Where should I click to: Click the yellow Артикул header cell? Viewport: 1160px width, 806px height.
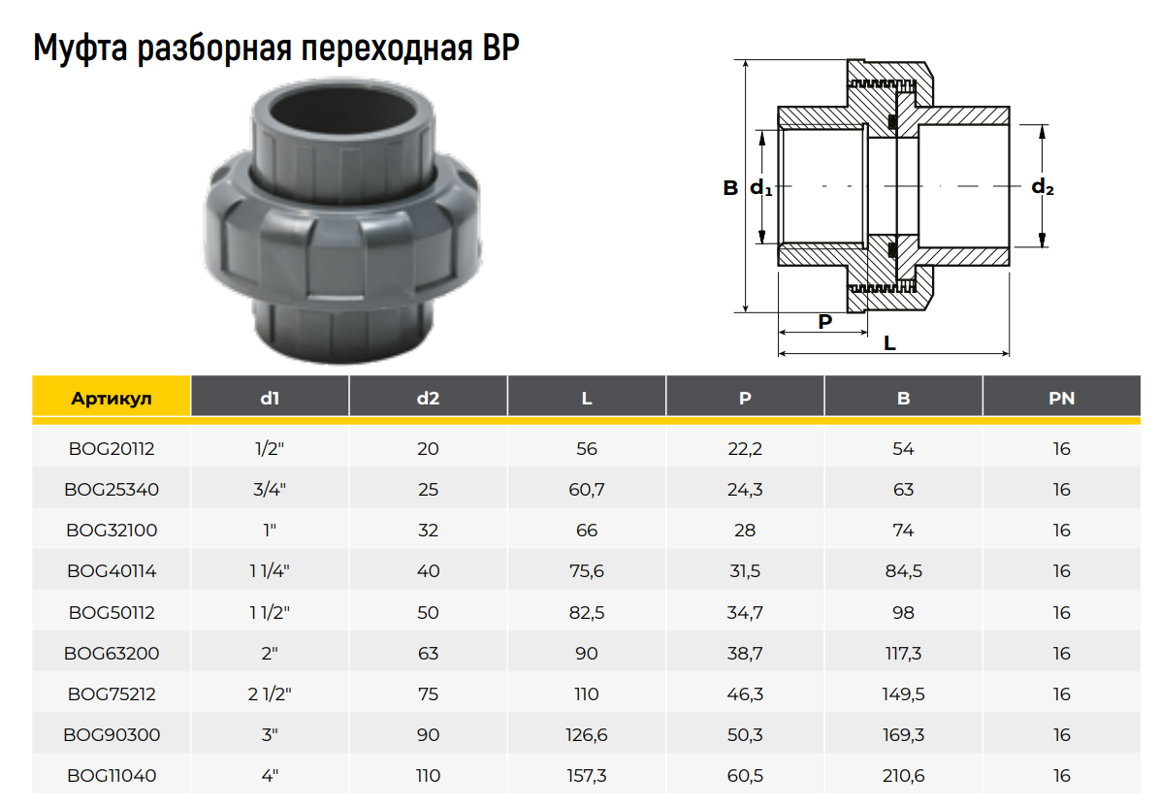click(x=112, y=398)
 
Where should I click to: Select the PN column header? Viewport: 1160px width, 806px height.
click(x=1062, y=398)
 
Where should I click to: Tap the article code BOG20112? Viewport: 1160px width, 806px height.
click(x=112, y=448)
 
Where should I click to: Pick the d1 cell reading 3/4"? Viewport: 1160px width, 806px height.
click(x=270, y=489)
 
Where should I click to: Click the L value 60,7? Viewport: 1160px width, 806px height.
click(x=587, y=489)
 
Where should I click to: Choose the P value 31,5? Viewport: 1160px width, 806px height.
click(x=745, y=570)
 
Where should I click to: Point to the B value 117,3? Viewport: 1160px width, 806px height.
click(x=903, y=653)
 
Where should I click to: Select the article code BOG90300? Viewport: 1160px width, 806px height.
click(x=112, y=734)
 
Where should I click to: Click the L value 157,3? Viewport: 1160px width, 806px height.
click(x=587, y=775)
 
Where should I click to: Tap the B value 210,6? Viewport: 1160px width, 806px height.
click(x=903, y=775)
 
